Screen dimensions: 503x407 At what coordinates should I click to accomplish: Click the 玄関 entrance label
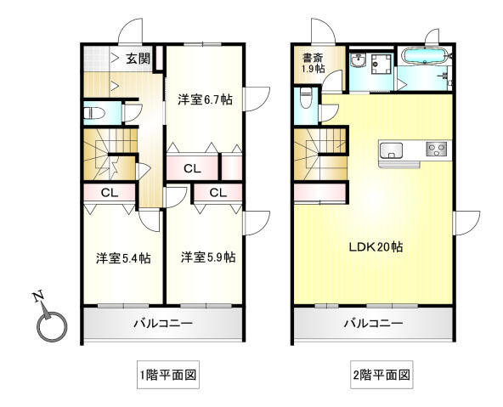[x=138, y=59]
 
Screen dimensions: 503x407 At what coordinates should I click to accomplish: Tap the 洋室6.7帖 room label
[x=205, y=99]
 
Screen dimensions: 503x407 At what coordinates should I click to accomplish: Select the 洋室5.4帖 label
[x=123, y=257]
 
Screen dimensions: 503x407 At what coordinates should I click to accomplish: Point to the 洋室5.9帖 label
[x=208, y=257]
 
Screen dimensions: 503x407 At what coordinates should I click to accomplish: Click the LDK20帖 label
[x=376, y=247]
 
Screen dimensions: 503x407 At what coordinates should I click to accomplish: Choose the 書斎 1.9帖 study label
[x=313, y=63]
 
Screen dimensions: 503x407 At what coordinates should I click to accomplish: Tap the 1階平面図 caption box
[x=168, y=375]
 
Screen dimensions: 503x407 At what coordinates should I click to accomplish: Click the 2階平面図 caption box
[x=381, y=375]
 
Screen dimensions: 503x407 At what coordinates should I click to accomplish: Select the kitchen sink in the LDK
[x=391, y=150]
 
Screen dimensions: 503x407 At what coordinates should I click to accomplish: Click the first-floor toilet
[x=94, y=114]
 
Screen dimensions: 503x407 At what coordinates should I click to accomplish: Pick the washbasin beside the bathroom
[x=359, y=60]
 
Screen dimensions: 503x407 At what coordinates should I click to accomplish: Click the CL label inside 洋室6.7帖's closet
[x=192, y=168]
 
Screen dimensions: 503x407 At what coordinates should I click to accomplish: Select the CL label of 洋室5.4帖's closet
[x=110, y=193]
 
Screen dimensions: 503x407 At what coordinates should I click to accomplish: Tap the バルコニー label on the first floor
[x=163, y=323]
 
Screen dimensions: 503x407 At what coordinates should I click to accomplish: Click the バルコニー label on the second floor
[x=373, y=323]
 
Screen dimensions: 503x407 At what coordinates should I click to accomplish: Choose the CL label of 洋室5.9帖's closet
[x=218, y=193]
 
